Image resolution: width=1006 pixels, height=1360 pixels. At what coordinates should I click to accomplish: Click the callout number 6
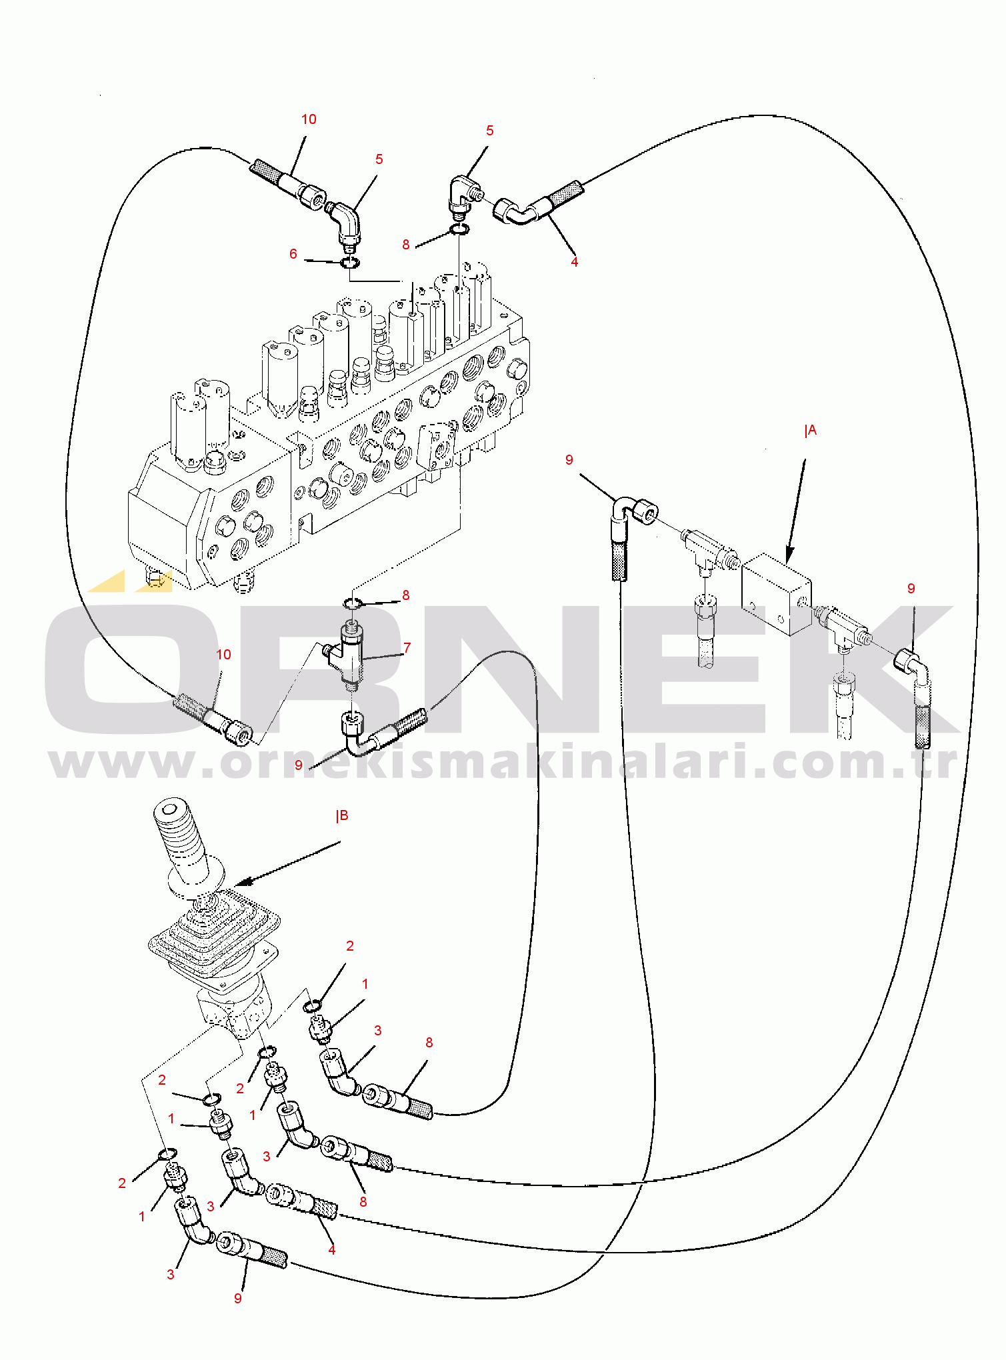pos(293,254)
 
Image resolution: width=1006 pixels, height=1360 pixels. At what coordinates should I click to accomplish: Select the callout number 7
pos(407,648)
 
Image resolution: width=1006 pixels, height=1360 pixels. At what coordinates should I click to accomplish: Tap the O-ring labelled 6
pos(349,263)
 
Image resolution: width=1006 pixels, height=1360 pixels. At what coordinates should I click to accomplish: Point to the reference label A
pos(811,431)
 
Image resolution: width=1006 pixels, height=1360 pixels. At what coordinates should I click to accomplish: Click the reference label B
pos(342,816)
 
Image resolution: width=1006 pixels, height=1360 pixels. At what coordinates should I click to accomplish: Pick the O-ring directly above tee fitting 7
pos(353,603)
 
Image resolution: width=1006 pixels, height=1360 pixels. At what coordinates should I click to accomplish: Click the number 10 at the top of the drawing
pos(309,119)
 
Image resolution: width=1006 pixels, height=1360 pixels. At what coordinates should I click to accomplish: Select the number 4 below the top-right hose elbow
pos(574,262)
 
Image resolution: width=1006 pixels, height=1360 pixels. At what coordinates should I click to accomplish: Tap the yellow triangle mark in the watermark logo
pos(109,581)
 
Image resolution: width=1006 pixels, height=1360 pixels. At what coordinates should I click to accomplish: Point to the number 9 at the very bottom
pos(238,1298)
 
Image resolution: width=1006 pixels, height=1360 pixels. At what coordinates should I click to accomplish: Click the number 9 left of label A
pos(569,460)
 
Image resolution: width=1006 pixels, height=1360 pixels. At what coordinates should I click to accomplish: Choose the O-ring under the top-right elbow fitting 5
pos(459,230)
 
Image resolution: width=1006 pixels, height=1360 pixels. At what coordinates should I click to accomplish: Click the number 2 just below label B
pos(350,946)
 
